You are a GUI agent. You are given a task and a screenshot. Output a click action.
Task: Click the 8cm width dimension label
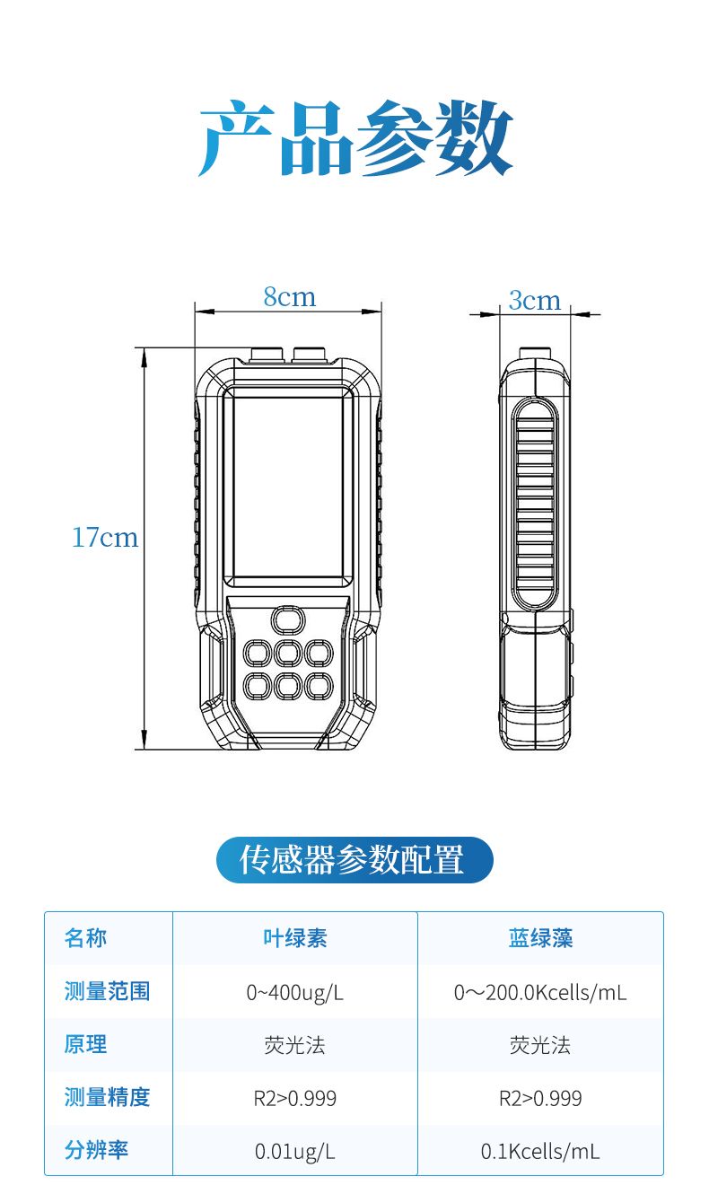click(289, 297)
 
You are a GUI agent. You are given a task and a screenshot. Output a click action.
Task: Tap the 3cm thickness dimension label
click(535, 300)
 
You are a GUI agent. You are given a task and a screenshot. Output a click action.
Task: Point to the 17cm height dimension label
click(105, 538)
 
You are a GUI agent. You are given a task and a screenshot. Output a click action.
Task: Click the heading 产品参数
click(355, 138)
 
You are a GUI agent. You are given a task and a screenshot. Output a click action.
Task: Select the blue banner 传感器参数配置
click(354, 860)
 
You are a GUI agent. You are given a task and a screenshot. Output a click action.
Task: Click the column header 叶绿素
click(295, 938)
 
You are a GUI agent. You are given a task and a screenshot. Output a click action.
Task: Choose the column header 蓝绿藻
click(541, 938)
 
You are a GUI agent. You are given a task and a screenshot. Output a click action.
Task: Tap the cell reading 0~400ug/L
click(295, 993)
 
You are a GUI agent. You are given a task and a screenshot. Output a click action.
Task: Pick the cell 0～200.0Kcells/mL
click(540, 993)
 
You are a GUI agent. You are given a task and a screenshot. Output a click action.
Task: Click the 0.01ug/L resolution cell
click(295, 1152)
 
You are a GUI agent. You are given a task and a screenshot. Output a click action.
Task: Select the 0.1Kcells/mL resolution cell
click(540, 1152)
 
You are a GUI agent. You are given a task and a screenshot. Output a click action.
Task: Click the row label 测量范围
click(107, 991)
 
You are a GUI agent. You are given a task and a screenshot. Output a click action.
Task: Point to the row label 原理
click(85, 1045)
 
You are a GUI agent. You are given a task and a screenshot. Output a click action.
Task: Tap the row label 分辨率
click(96, 1150)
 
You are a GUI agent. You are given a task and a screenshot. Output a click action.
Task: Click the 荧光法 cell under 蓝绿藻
click(540, 1045)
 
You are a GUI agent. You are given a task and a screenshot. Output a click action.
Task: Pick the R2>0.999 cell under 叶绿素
click(295, 1098)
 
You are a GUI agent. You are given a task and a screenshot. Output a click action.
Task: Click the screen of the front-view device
click(289, 487)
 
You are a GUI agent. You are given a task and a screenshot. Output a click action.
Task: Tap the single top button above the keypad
click(288, 620)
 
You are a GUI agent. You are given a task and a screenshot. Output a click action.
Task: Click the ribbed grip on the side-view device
click(535, 505)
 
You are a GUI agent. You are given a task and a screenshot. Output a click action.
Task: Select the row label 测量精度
click(107, 1097)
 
